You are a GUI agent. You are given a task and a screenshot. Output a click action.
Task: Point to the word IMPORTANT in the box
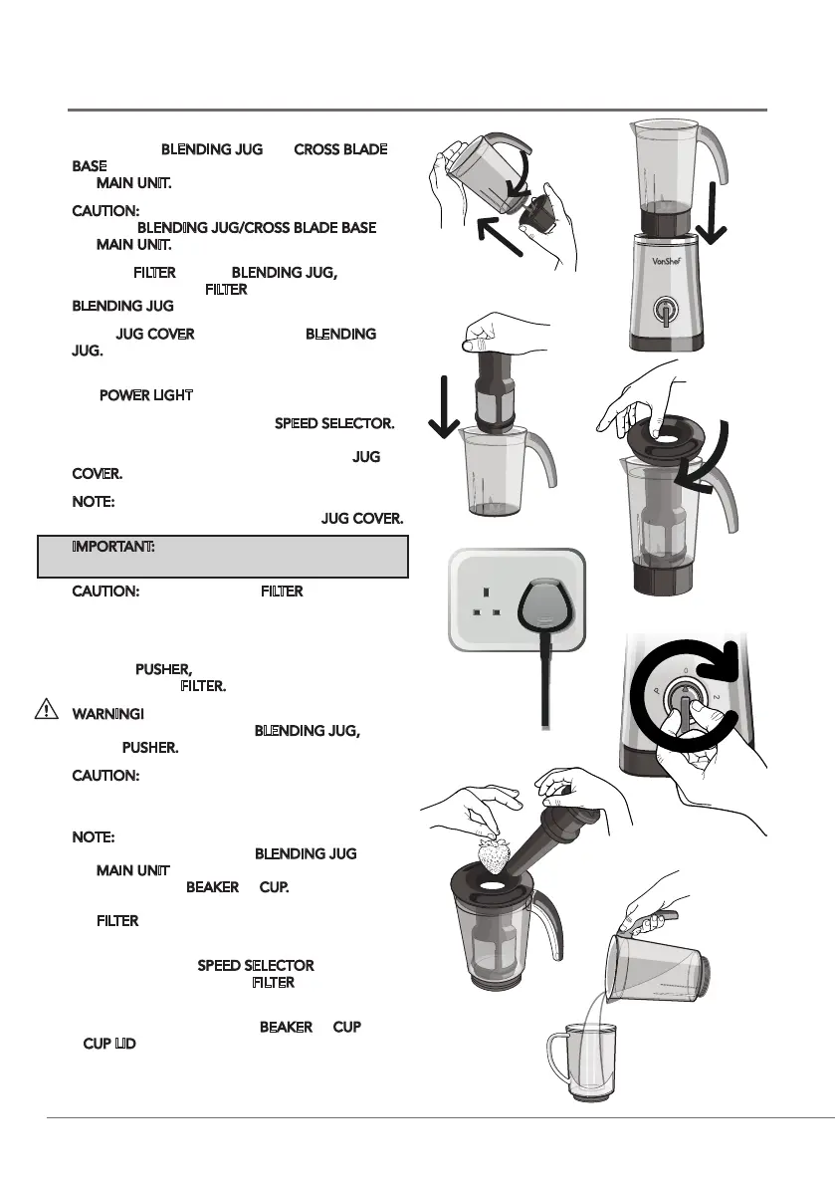112,549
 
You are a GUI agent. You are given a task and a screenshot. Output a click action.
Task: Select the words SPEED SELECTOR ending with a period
333,424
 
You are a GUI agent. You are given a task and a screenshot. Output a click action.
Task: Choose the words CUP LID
109,1044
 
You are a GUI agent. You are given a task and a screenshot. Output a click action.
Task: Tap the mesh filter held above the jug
489,395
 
